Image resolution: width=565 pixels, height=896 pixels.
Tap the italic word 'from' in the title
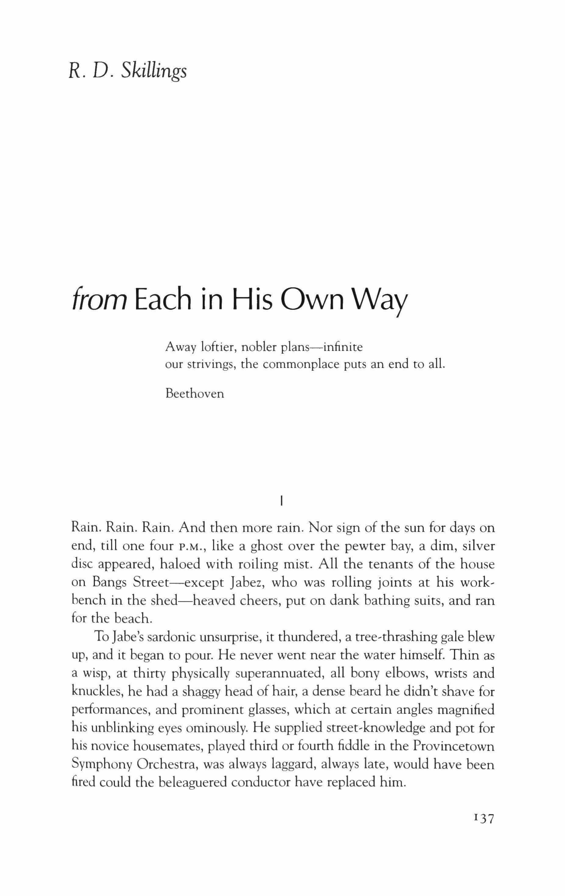tap(99, 301)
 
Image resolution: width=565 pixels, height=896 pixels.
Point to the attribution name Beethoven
tap(194, 393)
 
